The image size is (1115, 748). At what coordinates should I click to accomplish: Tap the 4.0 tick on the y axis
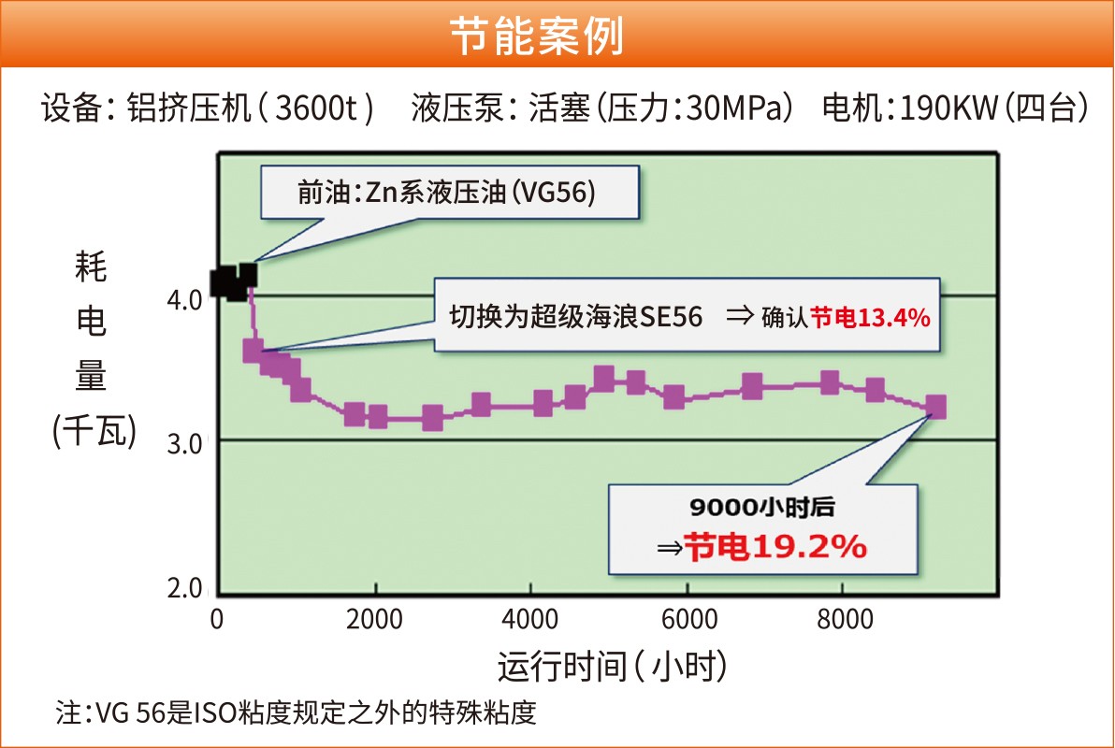point(184,300)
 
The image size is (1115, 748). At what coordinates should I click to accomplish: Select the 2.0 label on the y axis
point(184,588)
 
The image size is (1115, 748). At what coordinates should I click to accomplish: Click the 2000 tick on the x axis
point(374,620)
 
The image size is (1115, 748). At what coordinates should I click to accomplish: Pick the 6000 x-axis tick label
point(688,620)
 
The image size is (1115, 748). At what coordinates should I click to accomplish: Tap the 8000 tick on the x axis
point(844,620)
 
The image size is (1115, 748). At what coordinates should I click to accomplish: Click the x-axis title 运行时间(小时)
point(612,668)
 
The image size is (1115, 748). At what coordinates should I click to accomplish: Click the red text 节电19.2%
point(775,547)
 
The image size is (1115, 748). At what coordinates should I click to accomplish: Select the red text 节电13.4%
point(870,318)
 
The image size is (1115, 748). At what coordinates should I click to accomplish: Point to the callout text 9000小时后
point(761,510)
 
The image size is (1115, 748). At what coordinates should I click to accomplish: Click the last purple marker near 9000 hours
point(934,407)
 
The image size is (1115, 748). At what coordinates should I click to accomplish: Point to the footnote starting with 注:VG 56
point(297,713)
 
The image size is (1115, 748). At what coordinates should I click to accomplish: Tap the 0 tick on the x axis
point(217,620)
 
